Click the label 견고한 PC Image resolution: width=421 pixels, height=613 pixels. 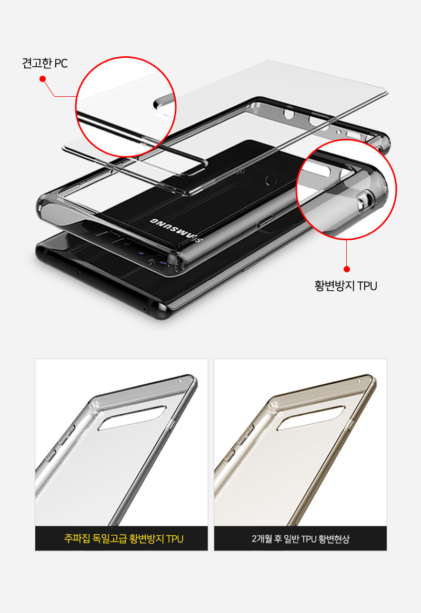click(45, 64)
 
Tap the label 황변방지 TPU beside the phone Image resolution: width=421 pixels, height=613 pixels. click(346, 286)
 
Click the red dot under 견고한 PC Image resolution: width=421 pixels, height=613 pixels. click(43, 79)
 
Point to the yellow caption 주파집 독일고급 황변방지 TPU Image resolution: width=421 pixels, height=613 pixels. click(124, 539)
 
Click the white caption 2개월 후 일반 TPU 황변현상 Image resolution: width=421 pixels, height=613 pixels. click(300, 539)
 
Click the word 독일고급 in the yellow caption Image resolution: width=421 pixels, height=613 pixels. click(110, 539)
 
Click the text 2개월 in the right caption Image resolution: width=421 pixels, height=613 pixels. click(263, 539)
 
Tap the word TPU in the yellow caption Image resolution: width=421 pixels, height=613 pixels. click(175, 539)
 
